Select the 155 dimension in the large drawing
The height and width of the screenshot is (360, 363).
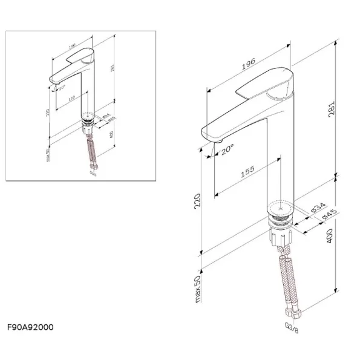[x=247, y=172]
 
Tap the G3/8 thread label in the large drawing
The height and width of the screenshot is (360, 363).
[x=292, y=329]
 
